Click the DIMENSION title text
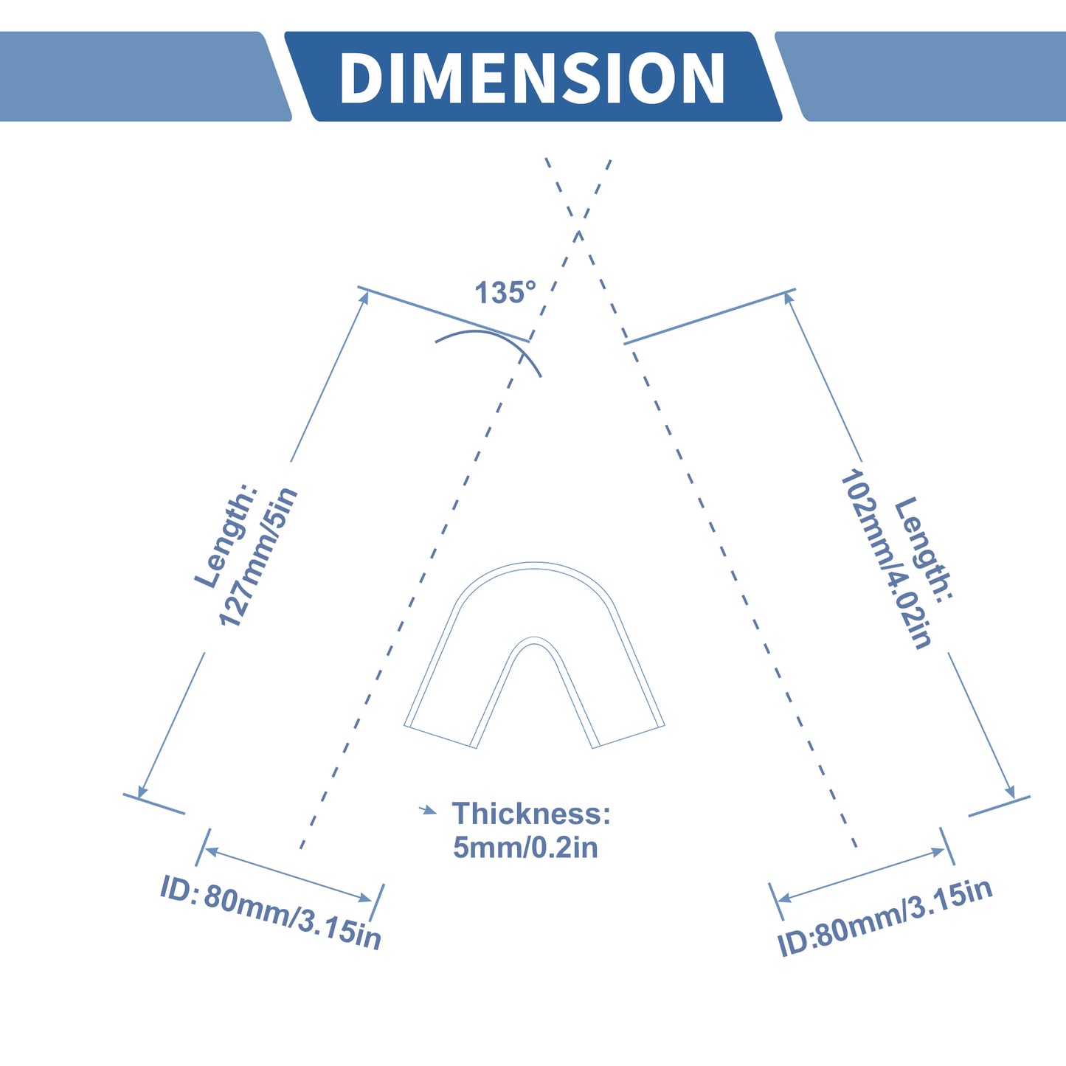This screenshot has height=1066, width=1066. click(532, 77)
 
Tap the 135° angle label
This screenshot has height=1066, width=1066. click(505, 292)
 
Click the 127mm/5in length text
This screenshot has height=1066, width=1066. click(259, 557)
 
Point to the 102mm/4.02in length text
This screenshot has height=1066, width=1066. click(886, 558)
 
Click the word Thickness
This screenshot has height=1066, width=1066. click(531, 814)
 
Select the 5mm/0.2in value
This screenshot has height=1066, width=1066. click(525, 848)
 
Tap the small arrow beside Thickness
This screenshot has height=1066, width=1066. click(428, 811)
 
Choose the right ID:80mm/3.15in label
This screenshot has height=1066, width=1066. click(885, 917)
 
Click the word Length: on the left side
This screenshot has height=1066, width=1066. click(226, 536)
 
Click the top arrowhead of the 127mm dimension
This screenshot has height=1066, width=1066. click(364, 297)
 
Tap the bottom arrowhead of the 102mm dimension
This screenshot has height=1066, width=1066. click(1010, 792)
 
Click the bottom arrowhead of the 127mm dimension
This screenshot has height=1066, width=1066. click(141, 791)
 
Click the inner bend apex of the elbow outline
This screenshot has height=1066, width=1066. click(534, 638)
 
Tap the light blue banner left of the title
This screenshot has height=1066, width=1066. click(144, 76)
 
